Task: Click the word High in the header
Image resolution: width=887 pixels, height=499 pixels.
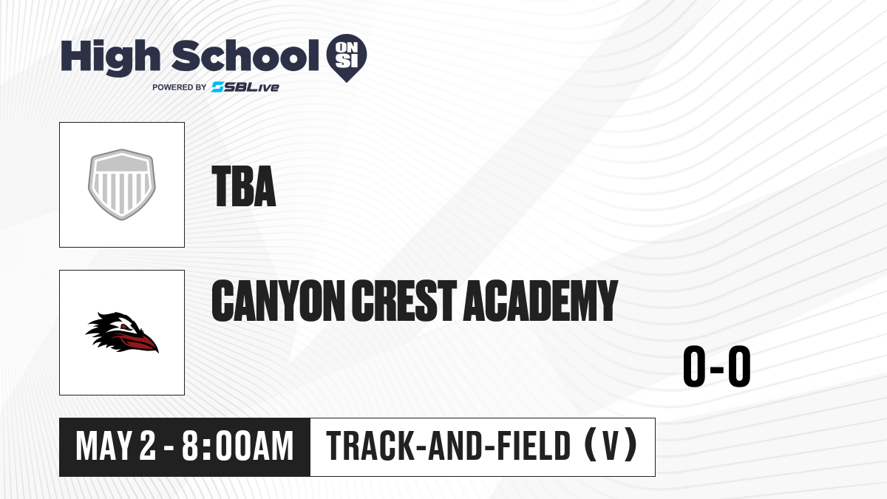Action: [x=110, y=57]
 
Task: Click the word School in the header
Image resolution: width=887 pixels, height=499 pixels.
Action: [x=245, y=55]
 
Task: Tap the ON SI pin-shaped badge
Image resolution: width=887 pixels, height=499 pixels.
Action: [x=347, y=58]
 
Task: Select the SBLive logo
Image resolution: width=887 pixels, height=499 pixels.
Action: [x=245, y=87]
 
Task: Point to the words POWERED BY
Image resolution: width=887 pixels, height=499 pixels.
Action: [x=180, y=87]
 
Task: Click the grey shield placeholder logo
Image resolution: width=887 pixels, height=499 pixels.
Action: [x=122, y=185]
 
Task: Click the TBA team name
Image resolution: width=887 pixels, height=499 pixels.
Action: [x=243, y=186]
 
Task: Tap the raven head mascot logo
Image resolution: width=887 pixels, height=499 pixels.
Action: [x=122, y=333]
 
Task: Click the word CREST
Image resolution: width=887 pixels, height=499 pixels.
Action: [x=404, y=301]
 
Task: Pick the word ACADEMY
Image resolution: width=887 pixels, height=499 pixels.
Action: [x=541, y=301]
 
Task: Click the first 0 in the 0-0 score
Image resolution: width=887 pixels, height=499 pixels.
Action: [x=695, y=367]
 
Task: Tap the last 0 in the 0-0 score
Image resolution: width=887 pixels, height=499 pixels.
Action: [x=739, y=367]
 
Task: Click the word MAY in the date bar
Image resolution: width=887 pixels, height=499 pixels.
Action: [x=103, y=446]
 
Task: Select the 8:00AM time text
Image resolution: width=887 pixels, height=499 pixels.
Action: [x=237, y=446]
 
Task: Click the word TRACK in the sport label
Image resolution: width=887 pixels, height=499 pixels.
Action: [x=369, y=446]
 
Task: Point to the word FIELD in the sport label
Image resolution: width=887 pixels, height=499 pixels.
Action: [x=534, y=446]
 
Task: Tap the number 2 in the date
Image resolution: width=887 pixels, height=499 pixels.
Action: [x=148, y=446]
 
